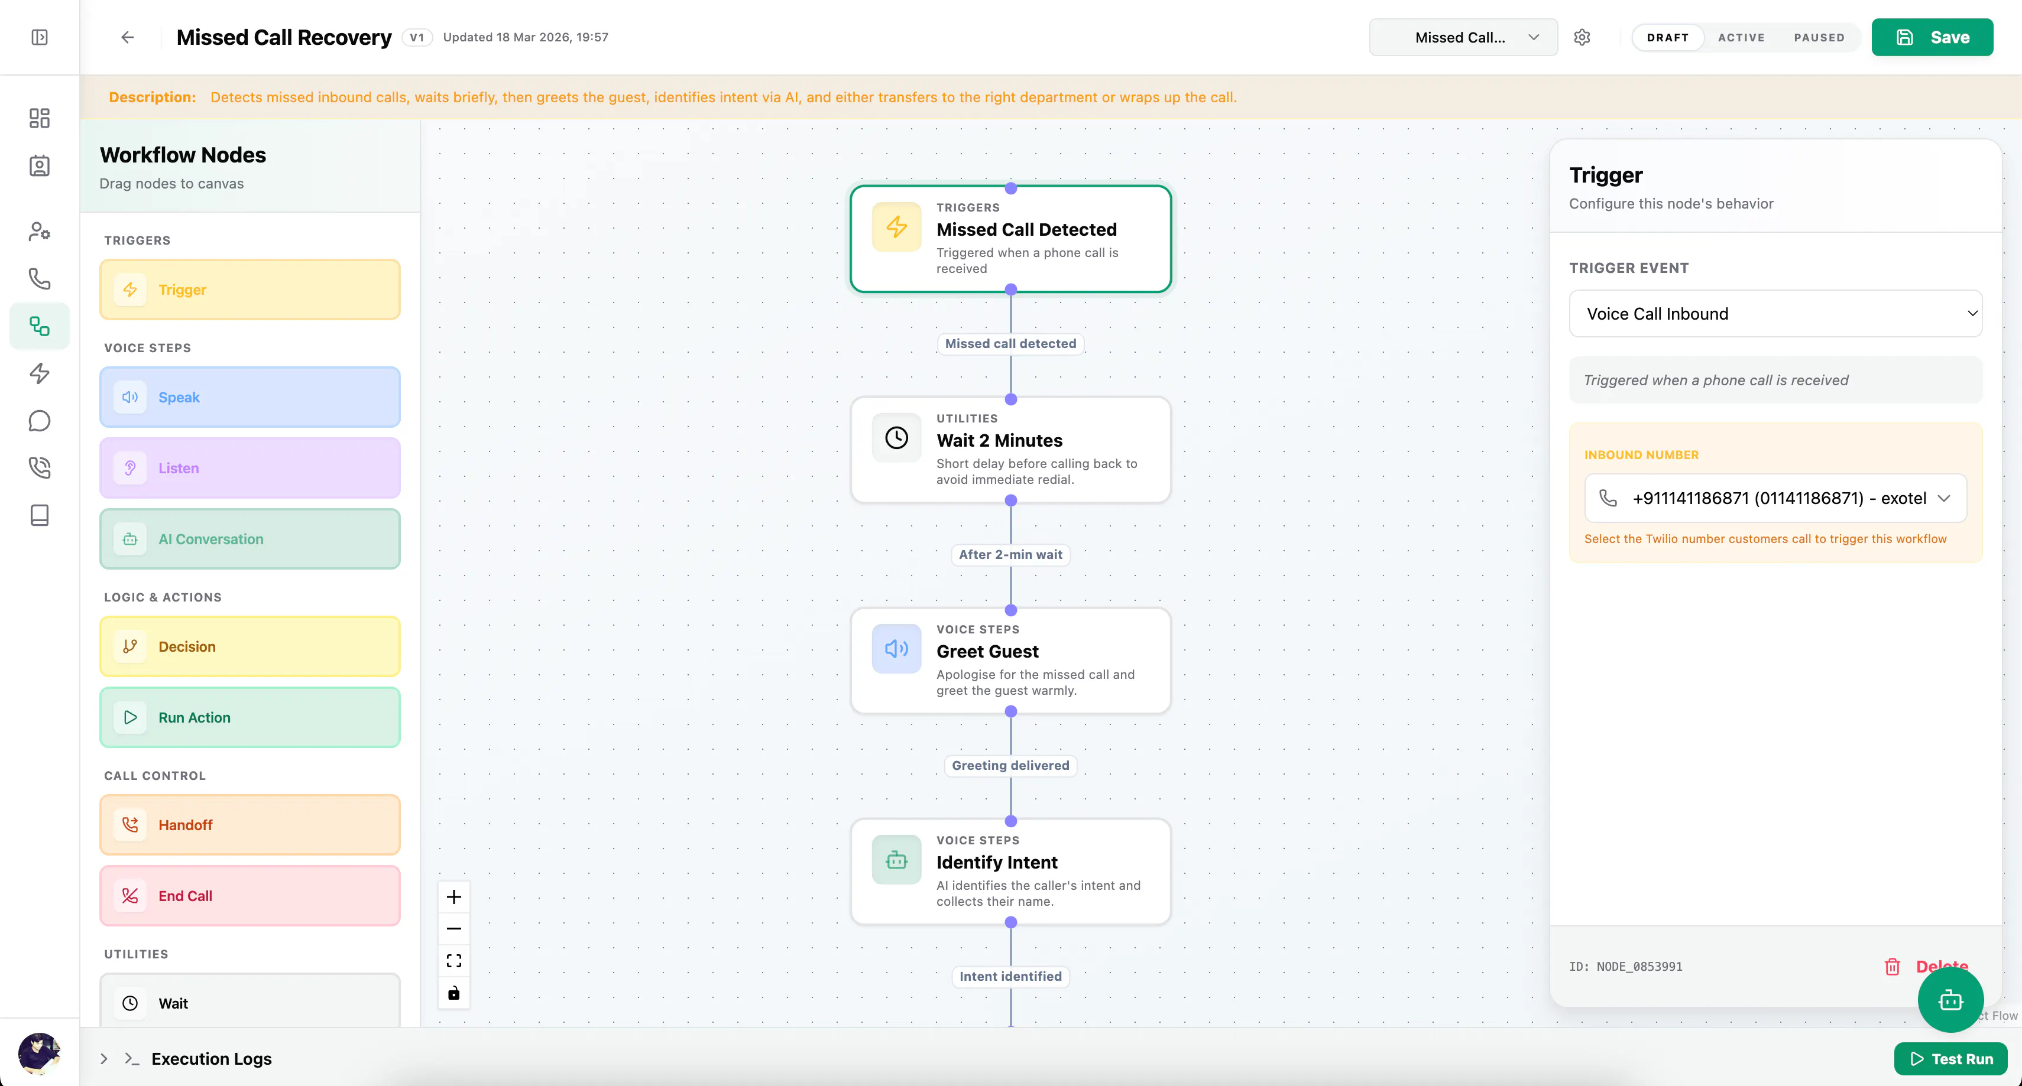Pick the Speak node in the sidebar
coord(249,397)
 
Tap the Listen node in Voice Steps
coord(249,468)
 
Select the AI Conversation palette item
coord(249,539)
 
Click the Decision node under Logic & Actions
coord(249,646)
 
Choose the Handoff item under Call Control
coord(249,825)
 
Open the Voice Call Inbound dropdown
coord(1775,314)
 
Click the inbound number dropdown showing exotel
coord(1775,498)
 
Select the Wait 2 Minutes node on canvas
coord(1011,450)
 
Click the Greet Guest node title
coord(987,651)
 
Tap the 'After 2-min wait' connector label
coord(1011,555)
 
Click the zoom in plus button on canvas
coord(453,897)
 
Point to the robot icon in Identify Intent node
coord(896,860)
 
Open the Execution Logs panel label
coord(212,1059)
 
